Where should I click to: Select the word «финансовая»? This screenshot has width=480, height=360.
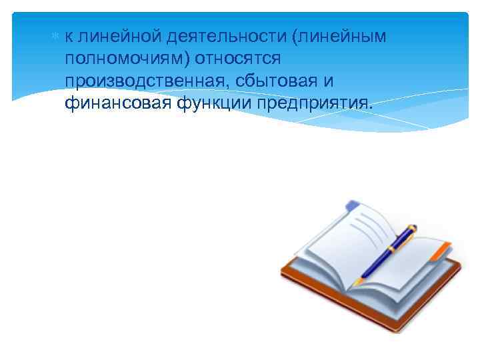pos(119,104)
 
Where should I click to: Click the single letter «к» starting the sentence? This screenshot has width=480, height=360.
pos(69,37)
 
